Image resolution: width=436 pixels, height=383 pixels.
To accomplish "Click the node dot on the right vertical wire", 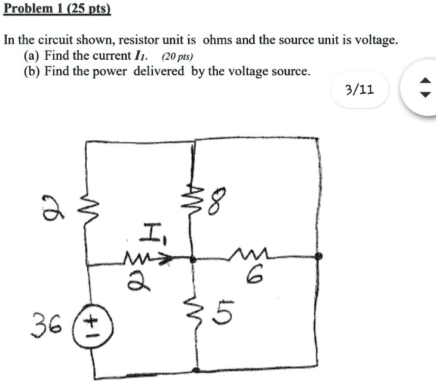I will [318, 257].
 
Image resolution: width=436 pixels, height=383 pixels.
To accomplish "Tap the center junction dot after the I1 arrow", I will [192, 259].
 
